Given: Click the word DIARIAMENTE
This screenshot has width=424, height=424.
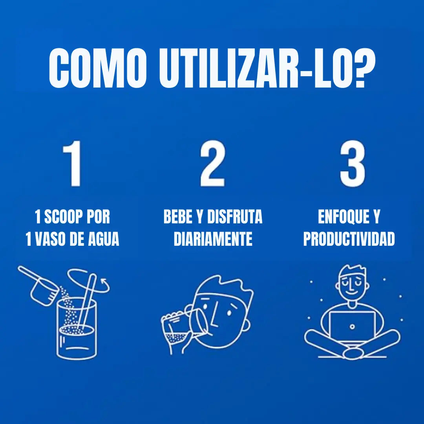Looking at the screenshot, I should click(x=213, y=239).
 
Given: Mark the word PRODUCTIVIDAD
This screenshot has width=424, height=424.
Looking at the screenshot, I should click(x=349, y=239).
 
